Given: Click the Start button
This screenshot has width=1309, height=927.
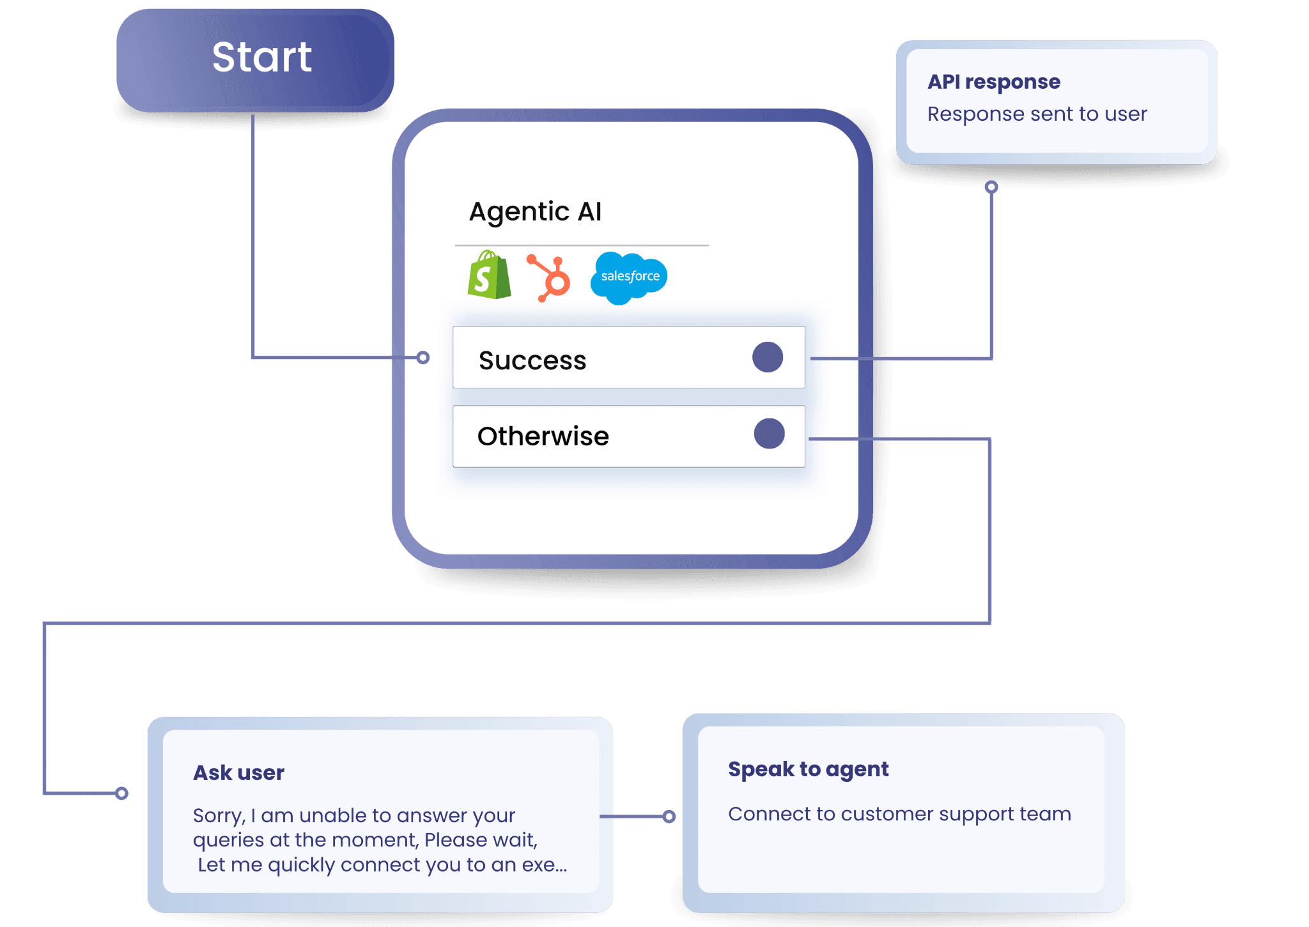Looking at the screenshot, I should (256, 59).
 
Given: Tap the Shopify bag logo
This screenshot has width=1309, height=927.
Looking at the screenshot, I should (489, 276).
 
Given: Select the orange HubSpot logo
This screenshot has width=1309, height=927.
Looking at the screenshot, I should (550, 278).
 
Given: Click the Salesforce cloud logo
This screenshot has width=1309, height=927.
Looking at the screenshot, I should (629, 277).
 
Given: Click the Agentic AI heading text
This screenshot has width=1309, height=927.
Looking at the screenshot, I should (535, 211).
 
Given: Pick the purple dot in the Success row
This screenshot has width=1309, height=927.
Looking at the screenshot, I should (768, 357).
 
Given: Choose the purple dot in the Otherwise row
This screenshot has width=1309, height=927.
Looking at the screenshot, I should (769, 434).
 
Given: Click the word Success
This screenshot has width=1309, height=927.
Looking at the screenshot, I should (532, 360).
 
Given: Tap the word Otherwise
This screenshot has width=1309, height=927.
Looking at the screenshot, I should (543, 436).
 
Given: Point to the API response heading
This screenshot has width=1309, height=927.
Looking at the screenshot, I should (993, 82).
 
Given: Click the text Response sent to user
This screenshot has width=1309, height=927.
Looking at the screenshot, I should (1037, 114).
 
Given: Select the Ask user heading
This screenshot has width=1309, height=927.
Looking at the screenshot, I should (238, 773).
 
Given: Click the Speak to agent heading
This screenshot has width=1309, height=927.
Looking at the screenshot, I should (808, 769).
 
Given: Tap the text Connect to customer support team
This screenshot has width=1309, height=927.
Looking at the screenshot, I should (899, 814).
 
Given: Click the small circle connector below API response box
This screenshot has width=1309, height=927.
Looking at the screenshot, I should (991, 187).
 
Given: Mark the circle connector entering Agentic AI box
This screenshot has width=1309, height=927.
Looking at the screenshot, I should (423, 357).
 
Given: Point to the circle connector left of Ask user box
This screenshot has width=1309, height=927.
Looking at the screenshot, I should (121, 793).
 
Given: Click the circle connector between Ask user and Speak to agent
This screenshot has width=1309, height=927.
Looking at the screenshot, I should (669, 816).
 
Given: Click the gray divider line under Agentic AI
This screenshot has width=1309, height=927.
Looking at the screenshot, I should (582, 245).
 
